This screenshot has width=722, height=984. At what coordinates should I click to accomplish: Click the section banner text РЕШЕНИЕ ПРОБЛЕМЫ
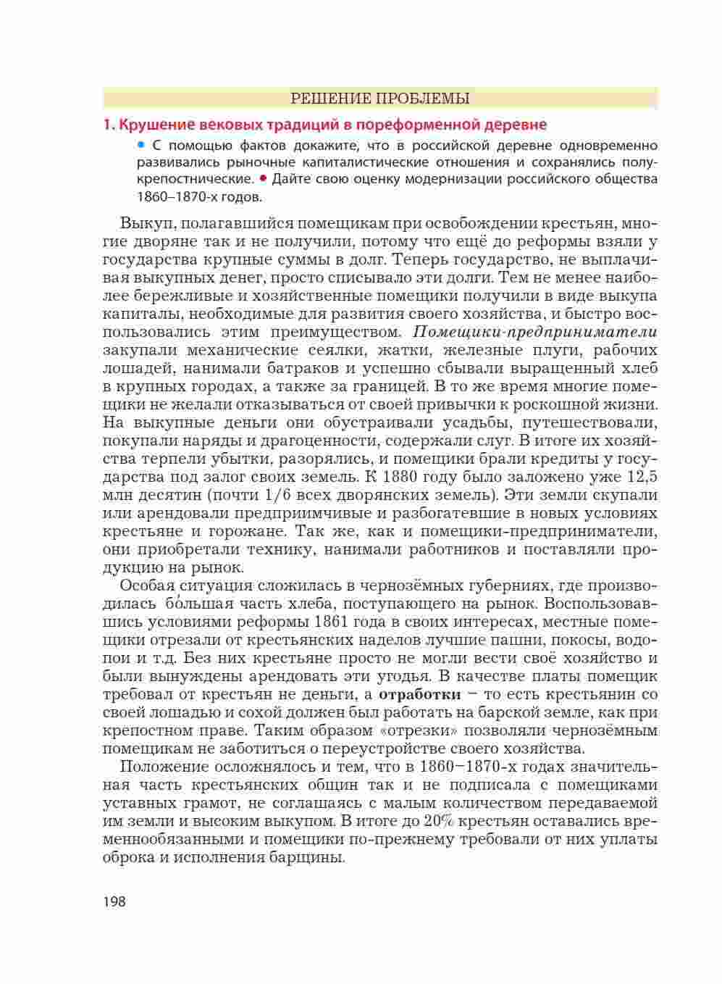click(x=379, y=98)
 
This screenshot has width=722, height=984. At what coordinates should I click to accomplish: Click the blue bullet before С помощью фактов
click(x=141, y=146)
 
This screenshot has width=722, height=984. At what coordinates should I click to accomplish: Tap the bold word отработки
click(x=420, y=694)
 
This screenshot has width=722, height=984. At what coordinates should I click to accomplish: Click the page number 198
click(x=114, y=901)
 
